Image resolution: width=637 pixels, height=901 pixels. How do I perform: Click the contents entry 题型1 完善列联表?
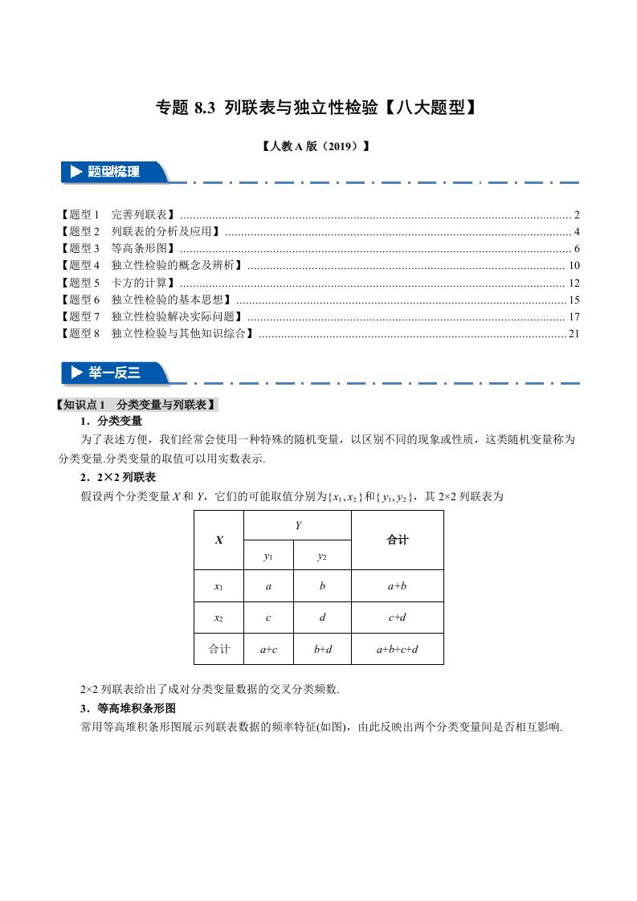118,214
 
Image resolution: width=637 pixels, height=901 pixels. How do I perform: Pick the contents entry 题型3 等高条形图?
118,248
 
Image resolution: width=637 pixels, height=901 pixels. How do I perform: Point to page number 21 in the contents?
573,334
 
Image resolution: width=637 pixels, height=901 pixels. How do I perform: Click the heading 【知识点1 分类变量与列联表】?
135,406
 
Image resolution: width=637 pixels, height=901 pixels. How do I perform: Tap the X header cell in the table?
218,540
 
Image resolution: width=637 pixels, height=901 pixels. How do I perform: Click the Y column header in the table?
297,525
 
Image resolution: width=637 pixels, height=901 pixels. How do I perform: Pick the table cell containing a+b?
398,586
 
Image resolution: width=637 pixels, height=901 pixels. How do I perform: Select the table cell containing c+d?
398,618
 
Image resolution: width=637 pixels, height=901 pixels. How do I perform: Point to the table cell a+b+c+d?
398,649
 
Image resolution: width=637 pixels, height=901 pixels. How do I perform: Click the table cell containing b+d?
323,649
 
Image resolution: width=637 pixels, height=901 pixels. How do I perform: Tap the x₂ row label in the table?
218,618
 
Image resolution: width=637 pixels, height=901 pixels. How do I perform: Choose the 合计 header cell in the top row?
398,540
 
